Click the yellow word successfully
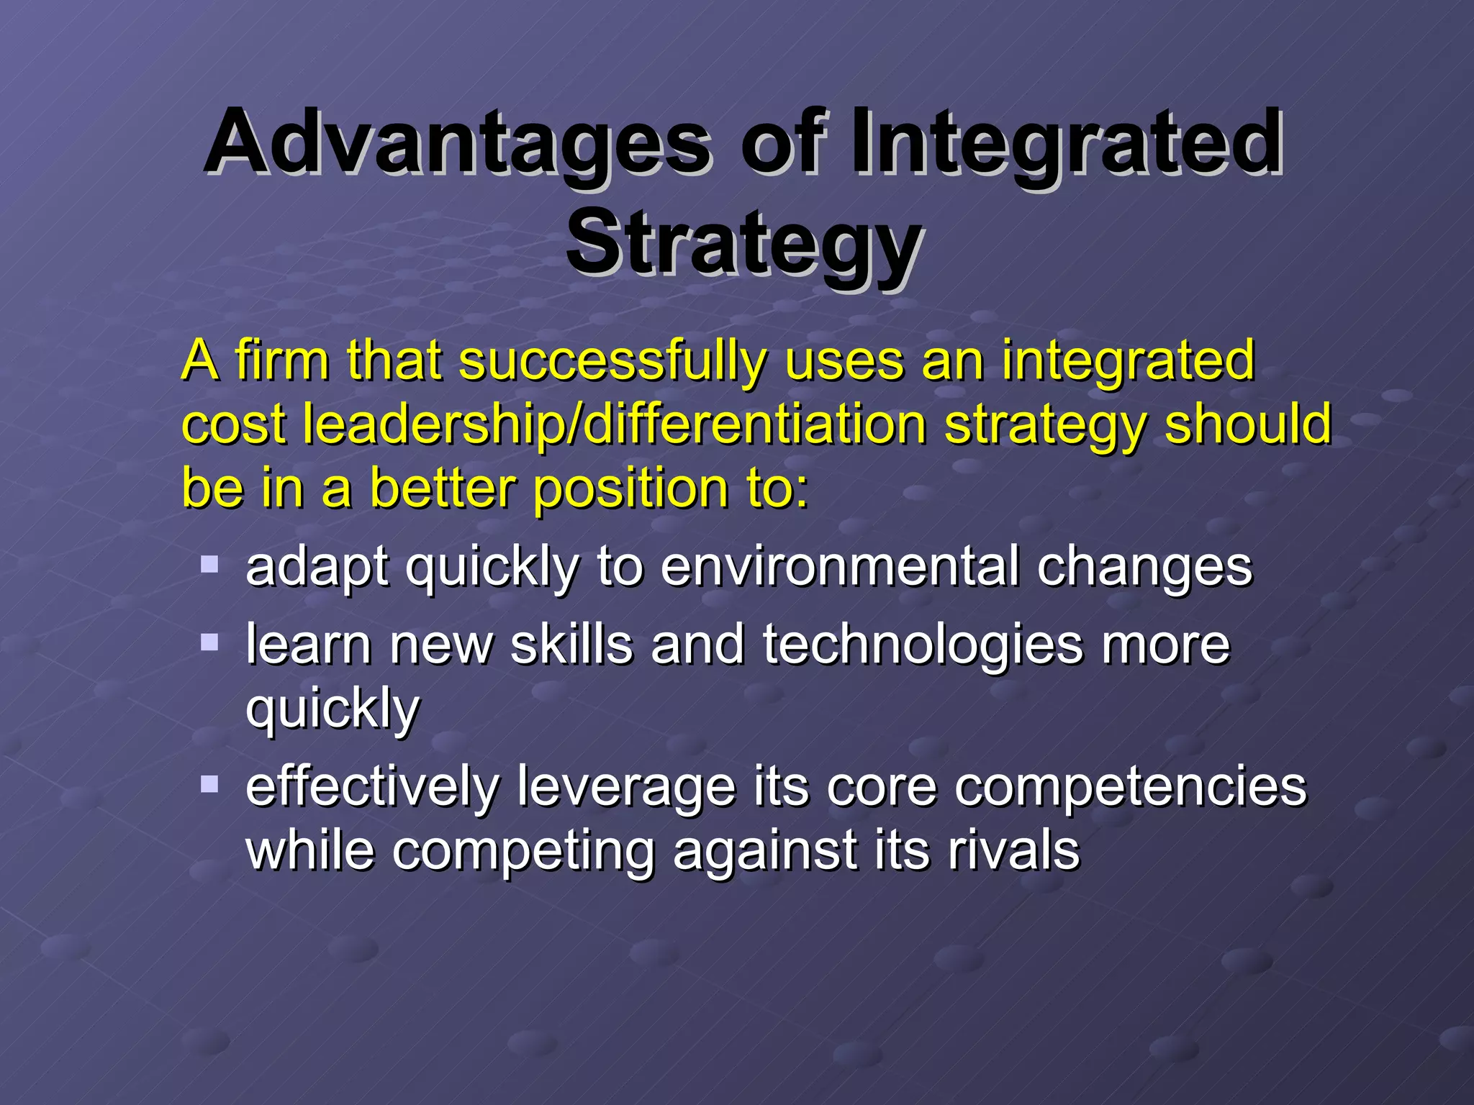pos(612,361)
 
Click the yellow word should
pos(1248,424)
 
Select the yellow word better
pos(443,488)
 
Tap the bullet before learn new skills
pos(209,641)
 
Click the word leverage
pos(626,787)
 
